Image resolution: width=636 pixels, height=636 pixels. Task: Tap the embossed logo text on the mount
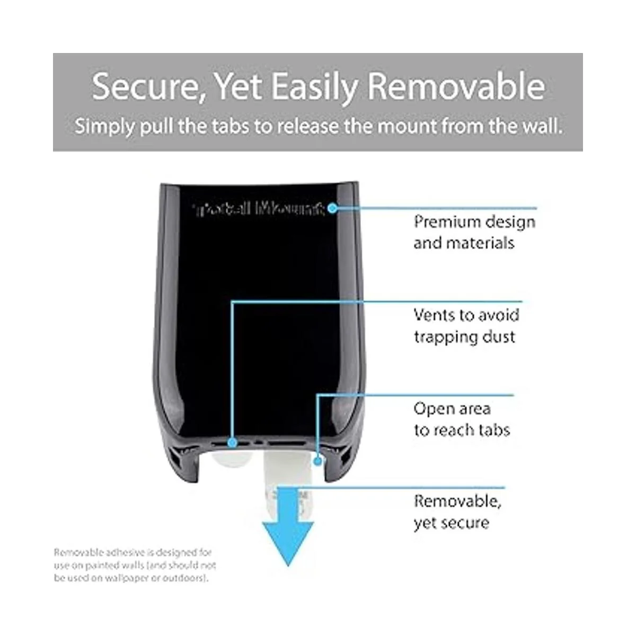click(260, 209)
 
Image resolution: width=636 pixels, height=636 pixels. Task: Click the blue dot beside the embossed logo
click(332, 208)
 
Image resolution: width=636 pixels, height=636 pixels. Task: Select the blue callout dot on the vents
click(232, 442)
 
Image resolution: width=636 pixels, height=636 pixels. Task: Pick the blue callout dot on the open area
click(317, 461)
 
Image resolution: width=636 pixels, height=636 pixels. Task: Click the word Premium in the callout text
click(447, 222)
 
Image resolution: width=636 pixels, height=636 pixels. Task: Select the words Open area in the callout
click(452, 409)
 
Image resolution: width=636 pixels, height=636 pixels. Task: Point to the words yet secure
click(451, 523)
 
